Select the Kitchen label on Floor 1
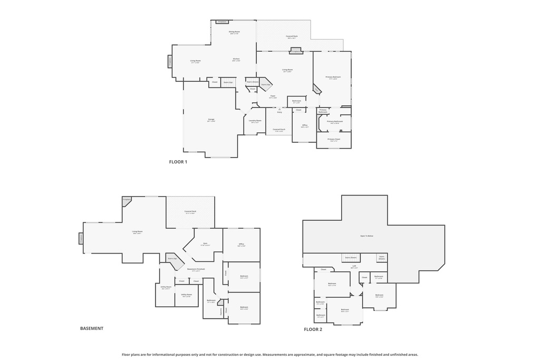(236, 59)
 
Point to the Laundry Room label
(255, 120)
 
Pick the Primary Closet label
(334, 140)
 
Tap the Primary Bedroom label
(333, 77)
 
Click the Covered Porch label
(278, 130)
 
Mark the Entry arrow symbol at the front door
(279, 109)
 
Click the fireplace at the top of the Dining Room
(222, 22)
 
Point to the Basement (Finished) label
(196, 269)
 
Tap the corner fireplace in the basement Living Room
(127, 200)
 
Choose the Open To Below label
(367, 236)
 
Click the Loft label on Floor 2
(354, 267)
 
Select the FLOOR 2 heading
(313, 329)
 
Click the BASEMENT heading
(92, 328)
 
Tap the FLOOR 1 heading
(178, 162)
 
